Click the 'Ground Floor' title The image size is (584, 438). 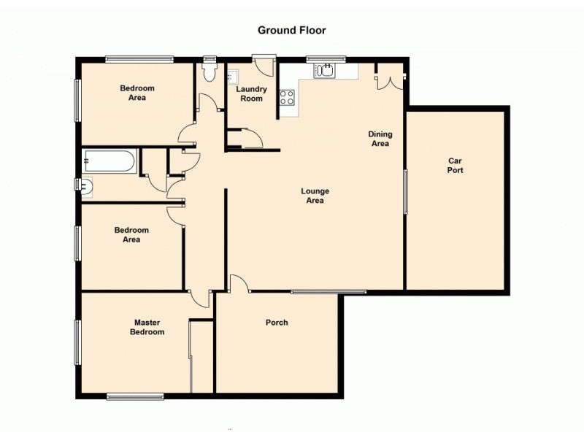pyautogui.click(x=291, y=31)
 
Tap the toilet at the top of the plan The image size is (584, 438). pyautogui.click(x=210, y=71)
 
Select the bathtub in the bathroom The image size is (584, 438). pyautogui.click(x=109, y=161)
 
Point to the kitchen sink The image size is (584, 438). pyautogui.click(x=323, y=71)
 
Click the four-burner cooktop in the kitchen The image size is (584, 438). pyautogui.click(x=286, y=97)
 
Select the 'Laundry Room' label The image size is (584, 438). pyautogui.click(x=252, y=93)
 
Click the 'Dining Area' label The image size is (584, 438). pyautogui.click(x=380, y=139)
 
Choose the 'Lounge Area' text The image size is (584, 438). pyautogui.click(x=315, y=196)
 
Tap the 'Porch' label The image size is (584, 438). pyautogui.click(x=277, y=323)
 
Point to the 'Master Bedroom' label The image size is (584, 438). pyautogui.click(x=147, y=327)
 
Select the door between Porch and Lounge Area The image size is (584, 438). pyautogui.click(x=239, y=285)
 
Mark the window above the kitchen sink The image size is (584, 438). pyautogui.click(x=326, y=59)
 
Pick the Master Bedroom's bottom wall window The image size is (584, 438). pyautogui.click(x=135, y=396)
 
